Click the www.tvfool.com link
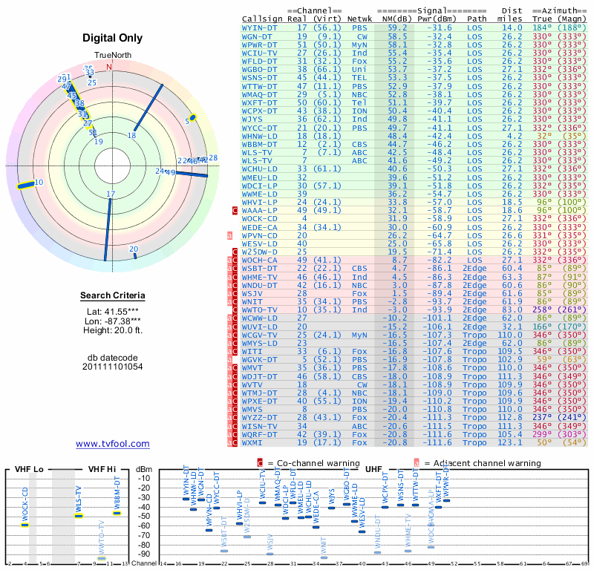click(x=112, y=444)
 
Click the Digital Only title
click(x=112, y=38)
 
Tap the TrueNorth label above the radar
click(x=113, y=56)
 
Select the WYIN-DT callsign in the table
click(x=260, y=27)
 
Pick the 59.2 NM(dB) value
click(x=396, y=27)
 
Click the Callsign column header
click(x=262, y=18)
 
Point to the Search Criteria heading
click(x=112, y=296)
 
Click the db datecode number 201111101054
click(x=112, y=367)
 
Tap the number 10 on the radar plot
click(x=39, y=182)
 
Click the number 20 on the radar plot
click(x=134, y=249)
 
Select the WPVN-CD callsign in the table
click(x=260, y=235)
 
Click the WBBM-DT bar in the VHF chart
click(x=117, y=513)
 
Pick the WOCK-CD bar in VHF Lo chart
click(x=25, y=525)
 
